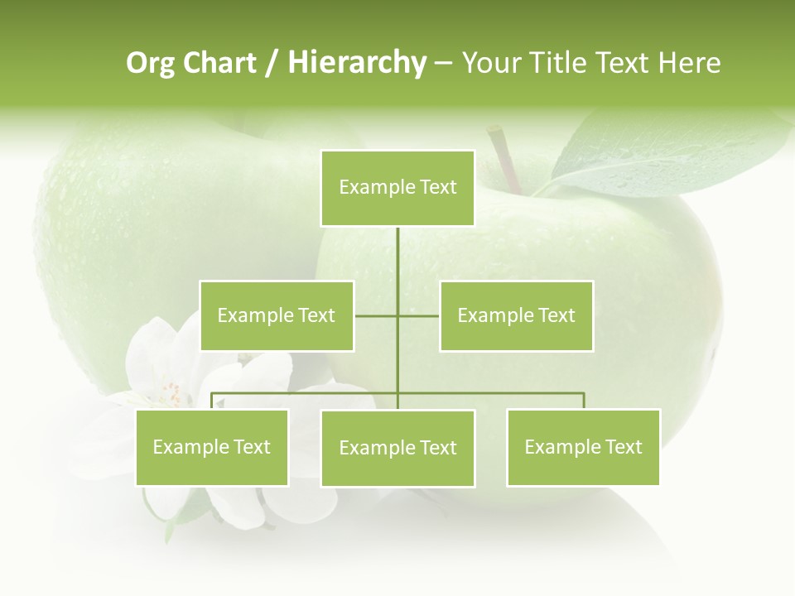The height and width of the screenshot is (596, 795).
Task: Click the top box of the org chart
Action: (x=397, y=188)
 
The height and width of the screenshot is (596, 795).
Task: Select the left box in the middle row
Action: (x=277, y=315)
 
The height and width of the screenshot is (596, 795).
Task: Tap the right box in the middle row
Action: (x=517, y=315)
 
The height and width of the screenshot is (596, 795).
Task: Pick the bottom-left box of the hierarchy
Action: (x=212, y=447)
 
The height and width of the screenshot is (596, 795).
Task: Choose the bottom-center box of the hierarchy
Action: (x=397, y=448)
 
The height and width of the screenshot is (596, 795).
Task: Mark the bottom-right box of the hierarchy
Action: (x=583, y=447)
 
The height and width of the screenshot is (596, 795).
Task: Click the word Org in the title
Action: (x=151, y=63)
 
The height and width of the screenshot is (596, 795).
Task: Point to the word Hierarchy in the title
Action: (x=357, y=63)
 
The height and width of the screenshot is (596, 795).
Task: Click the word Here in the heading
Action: (x=690, y=63)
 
